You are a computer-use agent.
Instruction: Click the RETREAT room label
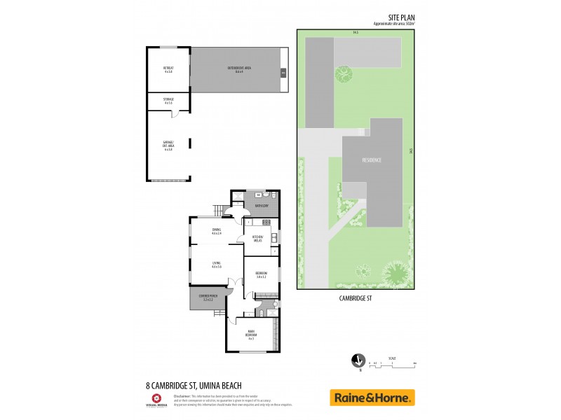coord(168,68)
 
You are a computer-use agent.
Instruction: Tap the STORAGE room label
coord(168,101)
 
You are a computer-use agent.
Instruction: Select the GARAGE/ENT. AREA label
coord(168,146)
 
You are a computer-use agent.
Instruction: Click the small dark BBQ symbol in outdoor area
coord(283,72)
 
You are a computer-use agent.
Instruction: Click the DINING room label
coord(216,231)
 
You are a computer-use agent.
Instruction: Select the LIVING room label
coord(216,265)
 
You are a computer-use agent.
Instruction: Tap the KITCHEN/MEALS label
coord(258,239)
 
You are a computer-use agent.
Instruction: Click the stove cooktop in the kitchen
coord(266,223)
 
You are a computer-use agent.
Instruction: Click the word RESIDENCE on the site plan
coord(372,160)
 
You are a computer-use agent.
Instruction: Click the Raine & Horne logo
coord(372,398)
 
